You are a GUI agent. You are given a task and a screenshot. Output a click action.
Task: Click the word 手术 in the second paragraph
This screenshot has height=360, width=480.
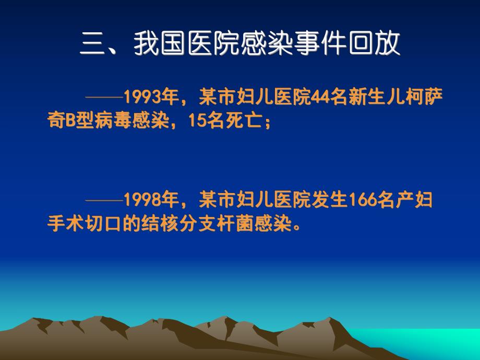pos(64,226)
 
